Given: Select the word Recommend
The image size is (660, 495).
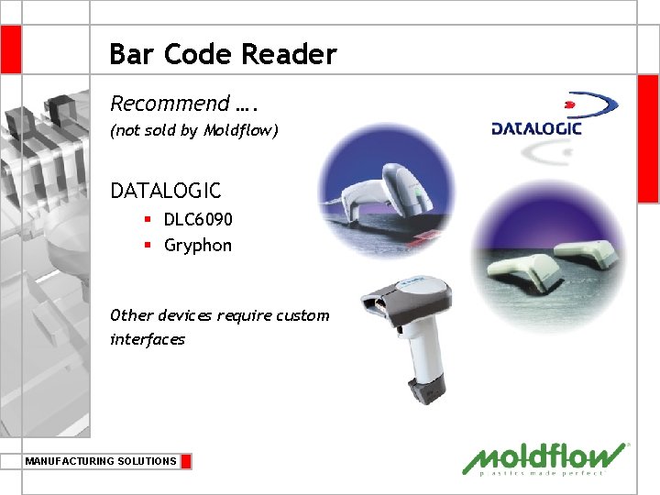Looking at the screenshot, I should [x=170, y=103].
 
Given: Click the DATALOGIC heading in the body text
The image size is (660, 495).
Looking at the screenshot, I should [x=166, y=191].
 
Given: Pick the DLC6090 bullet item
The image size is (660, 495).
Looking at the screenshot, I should [x=198, y=220].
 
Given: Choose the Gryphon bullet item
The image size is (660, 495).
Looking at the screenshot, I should [x=198, y=246].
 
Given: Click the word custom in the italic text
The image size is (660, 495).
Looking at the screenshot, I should [x=302, y=315].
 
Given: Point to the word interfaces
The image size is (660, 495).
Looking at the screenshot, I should [x=148, y=339].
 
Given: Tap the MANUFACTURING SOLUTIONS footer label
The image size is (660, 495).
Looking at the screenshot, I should [x=101, y=461].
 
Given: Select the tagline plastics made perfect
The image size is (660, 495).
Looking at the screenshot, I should [x=542, y=474].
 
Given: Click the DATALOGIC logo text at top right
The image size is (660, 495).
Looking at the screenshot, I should [x=536, y=128].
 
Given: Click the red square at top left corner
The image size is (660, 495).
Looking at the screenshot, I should [x=10, y=49].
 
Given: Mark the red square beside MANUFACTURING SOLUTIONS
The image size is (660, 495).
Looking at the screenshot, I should [x=186, y=461].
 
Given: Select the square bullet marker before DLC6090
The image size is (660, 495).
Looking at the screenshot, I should [x=147, y=220].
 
